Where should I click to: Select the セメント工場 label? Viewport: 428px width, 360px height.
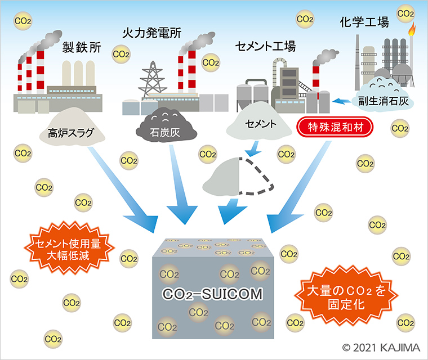point(266,46)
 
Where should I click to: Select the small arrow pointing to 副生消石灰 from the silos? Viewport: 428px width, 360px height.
point(341,101)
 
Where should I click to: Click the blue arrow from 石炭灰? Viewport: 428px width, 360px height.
point(180,191)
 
